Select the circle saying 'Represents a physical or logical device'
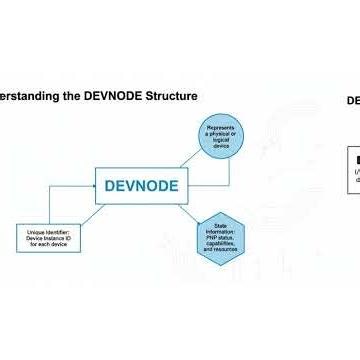coord(220,139)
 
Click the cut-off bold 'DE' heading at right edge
coord(353,101)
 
